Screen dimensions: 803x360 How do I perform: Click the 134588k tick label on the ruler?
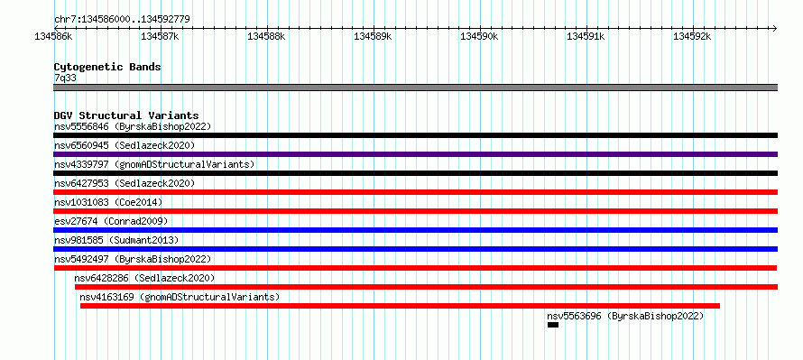266,36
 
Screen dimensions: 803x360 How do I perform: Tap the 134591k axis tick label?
586,36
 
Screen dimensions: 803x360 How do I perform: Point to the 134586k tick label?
53,36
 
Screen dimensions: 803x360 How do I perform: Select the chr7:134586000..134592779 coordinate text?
122,20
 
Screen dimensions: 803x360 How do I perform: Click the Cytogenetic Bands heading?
107,67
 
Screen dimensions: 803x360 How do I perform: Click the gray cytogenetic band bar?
415,88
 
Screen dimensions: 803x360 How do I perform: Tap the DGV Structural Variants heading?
126,115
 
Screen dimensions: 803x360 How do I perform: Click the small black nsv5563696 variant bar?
552,325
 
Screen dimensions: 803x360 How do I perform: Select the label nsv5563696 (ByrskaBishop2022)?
625,316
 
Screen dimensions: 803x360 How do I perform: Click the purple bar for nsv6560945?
415,154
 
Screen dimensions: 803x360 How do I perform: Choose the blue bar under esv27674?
415,230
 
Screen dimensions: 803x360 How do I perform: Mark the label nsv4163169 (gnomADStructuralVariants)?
180,297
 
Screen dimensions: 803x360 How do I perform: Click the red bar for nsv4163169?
400,306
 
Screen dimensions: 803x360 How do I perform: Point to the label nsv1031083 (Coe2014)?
108,202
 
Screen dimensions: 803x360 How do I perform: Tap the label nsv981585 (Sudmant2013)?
116,240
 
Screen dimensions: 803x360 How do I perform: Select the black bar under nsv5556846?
415,135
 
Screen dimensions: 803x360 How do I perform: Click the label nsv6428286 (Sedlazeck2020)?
144,278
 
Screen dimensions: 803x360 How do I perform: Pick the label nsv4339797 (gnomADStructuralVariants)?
154,164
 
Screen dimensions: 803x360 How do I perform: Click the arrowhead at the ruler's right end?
775,28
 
